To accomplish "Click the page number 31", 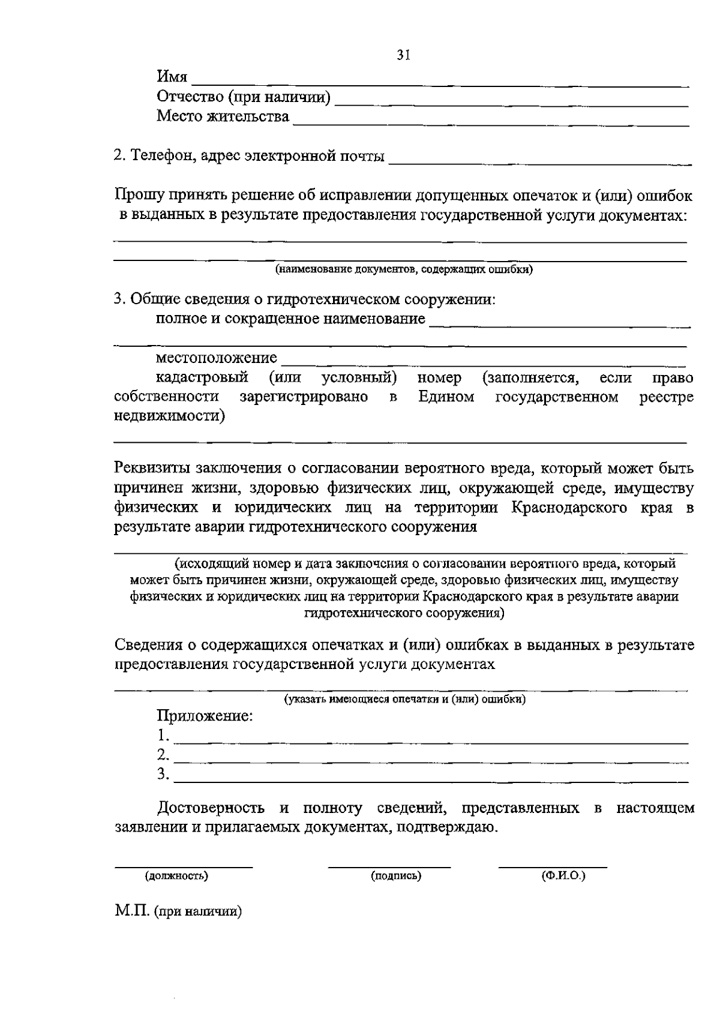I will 403,55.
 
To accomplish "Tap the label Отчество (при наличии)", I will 243,97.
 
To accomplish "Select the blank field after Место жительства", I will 491,124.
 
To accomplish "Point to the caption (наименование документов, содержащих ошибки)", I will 404,269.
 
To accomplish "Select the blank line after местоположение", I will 483,364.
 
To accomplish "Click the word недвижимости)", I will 170,416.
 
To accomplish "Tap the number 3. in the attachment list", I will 163,774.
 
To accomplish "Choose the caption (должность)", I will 176,876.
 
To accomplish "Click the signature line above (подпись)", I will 389,866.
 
